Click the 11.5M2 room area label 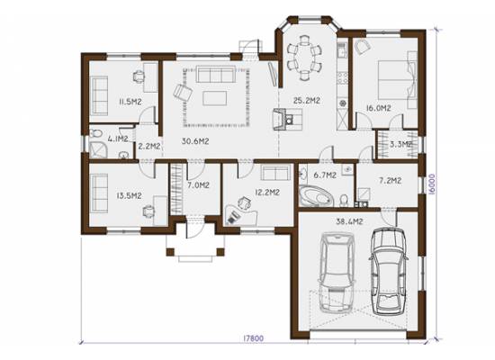tap(130, 102)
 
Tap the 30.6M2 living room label tap(195, 141)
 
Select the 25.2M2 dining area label tap(307, 101)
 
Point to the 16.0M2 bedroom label tap(379, 108)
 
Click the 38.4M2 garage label tap(349, 221)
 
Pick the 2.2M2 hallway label tap(149, 146)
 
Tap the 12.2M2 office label tap(267, 193)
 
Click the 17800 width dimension tap(253, 338)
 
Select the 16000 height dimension tap(432, 184)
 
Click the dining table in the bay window tap(304, 58)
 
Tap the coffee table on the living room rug tap(215, 98)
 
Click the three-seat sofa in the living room tap(216, 74)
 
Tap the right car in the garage tap(388, 271)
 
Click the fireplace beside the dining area tap(281, 119)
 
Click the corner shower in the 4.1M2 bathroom tap(98, 149)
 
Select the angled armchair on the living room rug tap(183, 93)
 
